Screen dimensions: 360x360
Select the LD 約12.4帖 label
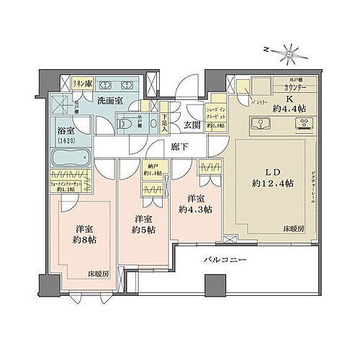pos(268,178)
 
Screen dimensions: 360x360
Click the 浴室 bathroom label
pos(66,135)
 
